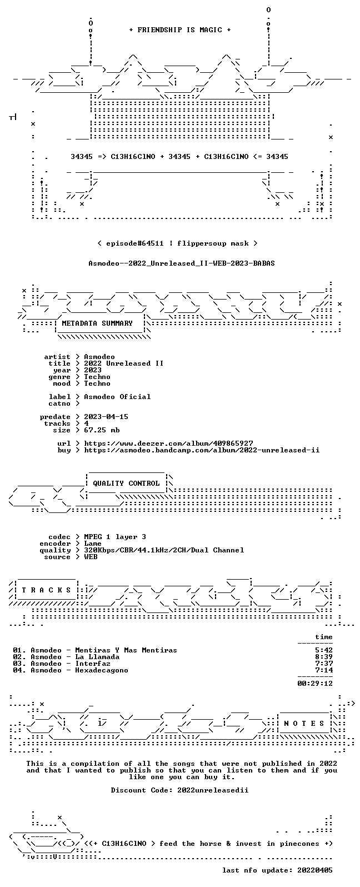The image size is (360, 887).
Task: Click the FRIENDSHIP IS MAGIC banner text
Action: [x=180, y=30]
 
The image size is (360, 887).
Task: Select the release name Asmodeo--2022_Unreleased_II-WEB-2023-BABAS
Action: [x=181, y=263]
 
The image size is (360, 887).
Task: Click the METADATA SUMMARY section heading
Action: [x=97, y=323]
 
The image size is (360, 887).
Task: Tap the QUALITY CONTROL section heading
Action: [x=126, y=484]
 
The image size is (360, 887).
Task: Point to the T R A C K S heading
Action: [x=46, y=590]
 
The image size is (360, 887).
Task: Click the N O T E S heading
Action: [x=304, y=724]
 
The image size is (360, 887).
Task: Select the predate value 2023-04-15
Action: [x=106, y=417]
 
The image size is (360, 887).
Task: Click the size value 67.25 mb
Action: [x=102, y=430]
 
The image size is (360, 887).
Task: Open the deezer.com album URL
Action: [x=168, y=443]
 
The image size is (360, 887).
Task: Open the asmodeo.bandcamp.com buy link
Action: [x=202, y=450]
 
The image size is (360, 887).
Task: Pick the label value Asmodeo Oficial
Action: [x=117, y=397]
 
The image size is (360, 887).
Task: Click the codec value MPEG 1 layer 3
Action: [x=115, y=537]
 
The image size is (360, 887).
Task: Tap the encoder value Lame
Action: [x=93, y=544]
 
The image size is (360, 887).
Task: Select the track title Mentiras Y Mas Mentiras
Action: [x=126, y=650]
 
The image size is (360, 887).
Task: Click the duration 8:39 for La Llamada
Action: [x=324, y=657]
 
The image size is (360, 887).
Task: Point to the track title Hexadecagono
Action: [x=102, y=670]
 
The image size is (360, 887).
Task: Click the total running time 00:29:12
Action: [x=315, y=684]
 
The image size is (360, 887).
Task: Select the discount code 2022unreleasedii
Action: [x=213, y=790]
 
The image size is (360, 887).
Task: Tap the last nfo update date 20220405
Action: [x=315, y=870]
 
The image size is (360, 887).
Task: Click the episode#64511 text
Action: [x=134, y=243]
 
